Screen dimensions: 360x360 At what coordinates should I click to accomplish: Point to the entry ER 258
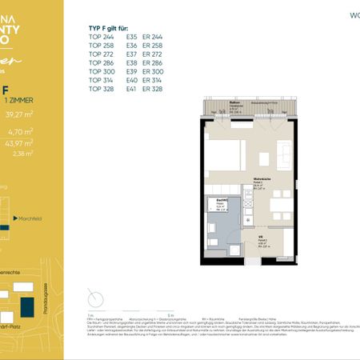point(152,45)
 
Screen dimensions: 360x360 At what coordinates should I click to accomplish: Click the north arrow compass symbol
point(97,298)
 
